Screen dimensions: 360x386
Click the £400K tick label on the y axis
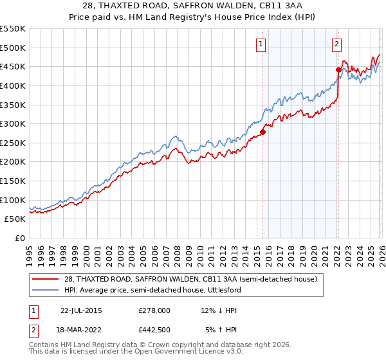13,85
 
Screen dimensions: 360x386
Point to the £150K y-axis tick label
13,181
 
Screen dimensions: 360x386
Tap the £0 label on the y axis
20,239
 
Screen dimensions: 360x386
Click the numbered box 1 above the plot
261,44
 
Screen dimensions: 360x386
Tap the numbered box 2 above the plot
337,44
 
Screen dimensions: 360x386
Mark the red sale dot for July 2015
262,132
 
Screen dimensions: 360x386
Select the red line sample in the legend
46,280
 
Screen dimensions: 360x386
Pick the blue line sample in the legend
46,291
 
